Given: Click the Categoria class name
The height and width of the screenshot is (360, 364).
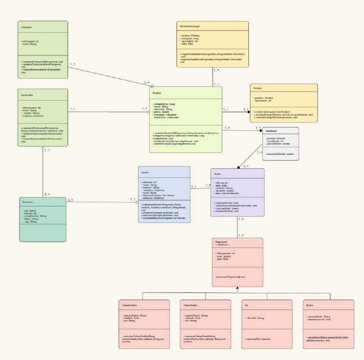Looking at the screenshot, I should point(27,27).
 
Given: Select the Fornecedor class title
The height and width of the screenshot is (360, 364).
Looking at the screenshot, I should point(27,95).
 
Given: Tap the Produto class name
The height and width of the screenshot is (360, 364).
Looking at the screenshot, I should point(157,93).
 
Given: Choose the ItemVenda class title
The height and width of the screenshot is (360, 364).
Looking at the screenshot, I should point(271,131).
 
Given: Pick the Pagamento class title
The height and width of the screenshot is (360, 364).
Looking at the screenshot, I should point(222,242).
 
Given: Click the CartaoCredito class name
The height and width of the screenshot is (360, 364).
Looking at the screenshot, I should point(129,305).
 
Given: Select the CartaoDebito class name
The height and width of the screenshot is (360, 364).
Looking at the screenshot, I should point(191,305).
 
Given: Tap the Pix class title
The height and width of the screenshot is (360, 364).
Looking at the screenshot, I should point(247,305).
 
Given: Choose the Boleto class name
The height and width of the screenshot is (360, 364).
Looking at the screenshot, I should point(310,305).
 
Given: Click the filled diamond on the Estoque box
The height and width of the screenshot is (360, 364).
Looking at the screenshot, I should point(247,112).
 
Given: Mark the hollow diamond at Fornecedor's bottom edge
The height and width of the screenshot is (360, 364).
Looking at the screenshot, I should point(43,148).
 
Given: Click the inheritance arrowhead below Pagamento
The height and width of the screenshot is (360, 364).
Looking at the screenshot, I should point(237,288).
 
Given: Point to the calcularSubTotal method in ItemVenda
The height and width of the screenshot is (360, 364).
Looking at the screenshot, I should point(280,154).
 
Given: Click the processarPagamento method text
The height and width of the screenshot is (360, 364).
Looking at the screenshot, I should point(230,276).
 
